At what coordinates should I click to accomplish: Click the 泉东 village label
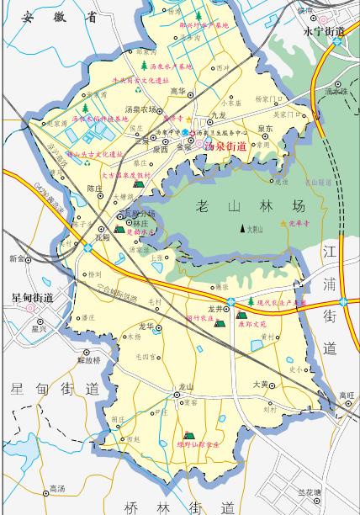tap(265, 129)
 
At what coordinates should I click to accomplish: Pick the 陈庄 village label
tap(95, 188)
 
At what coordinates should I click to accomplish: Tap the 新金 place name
tap(17, 258)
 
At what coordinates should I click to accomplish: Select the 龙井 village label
tap(215, 309)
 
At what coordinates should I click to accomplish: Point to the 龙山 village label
tap(186, 386)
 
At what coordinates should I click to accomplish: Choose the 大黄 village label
tap(261, 385)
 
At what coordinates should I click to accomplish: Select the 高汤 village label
tap(57, 488)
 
